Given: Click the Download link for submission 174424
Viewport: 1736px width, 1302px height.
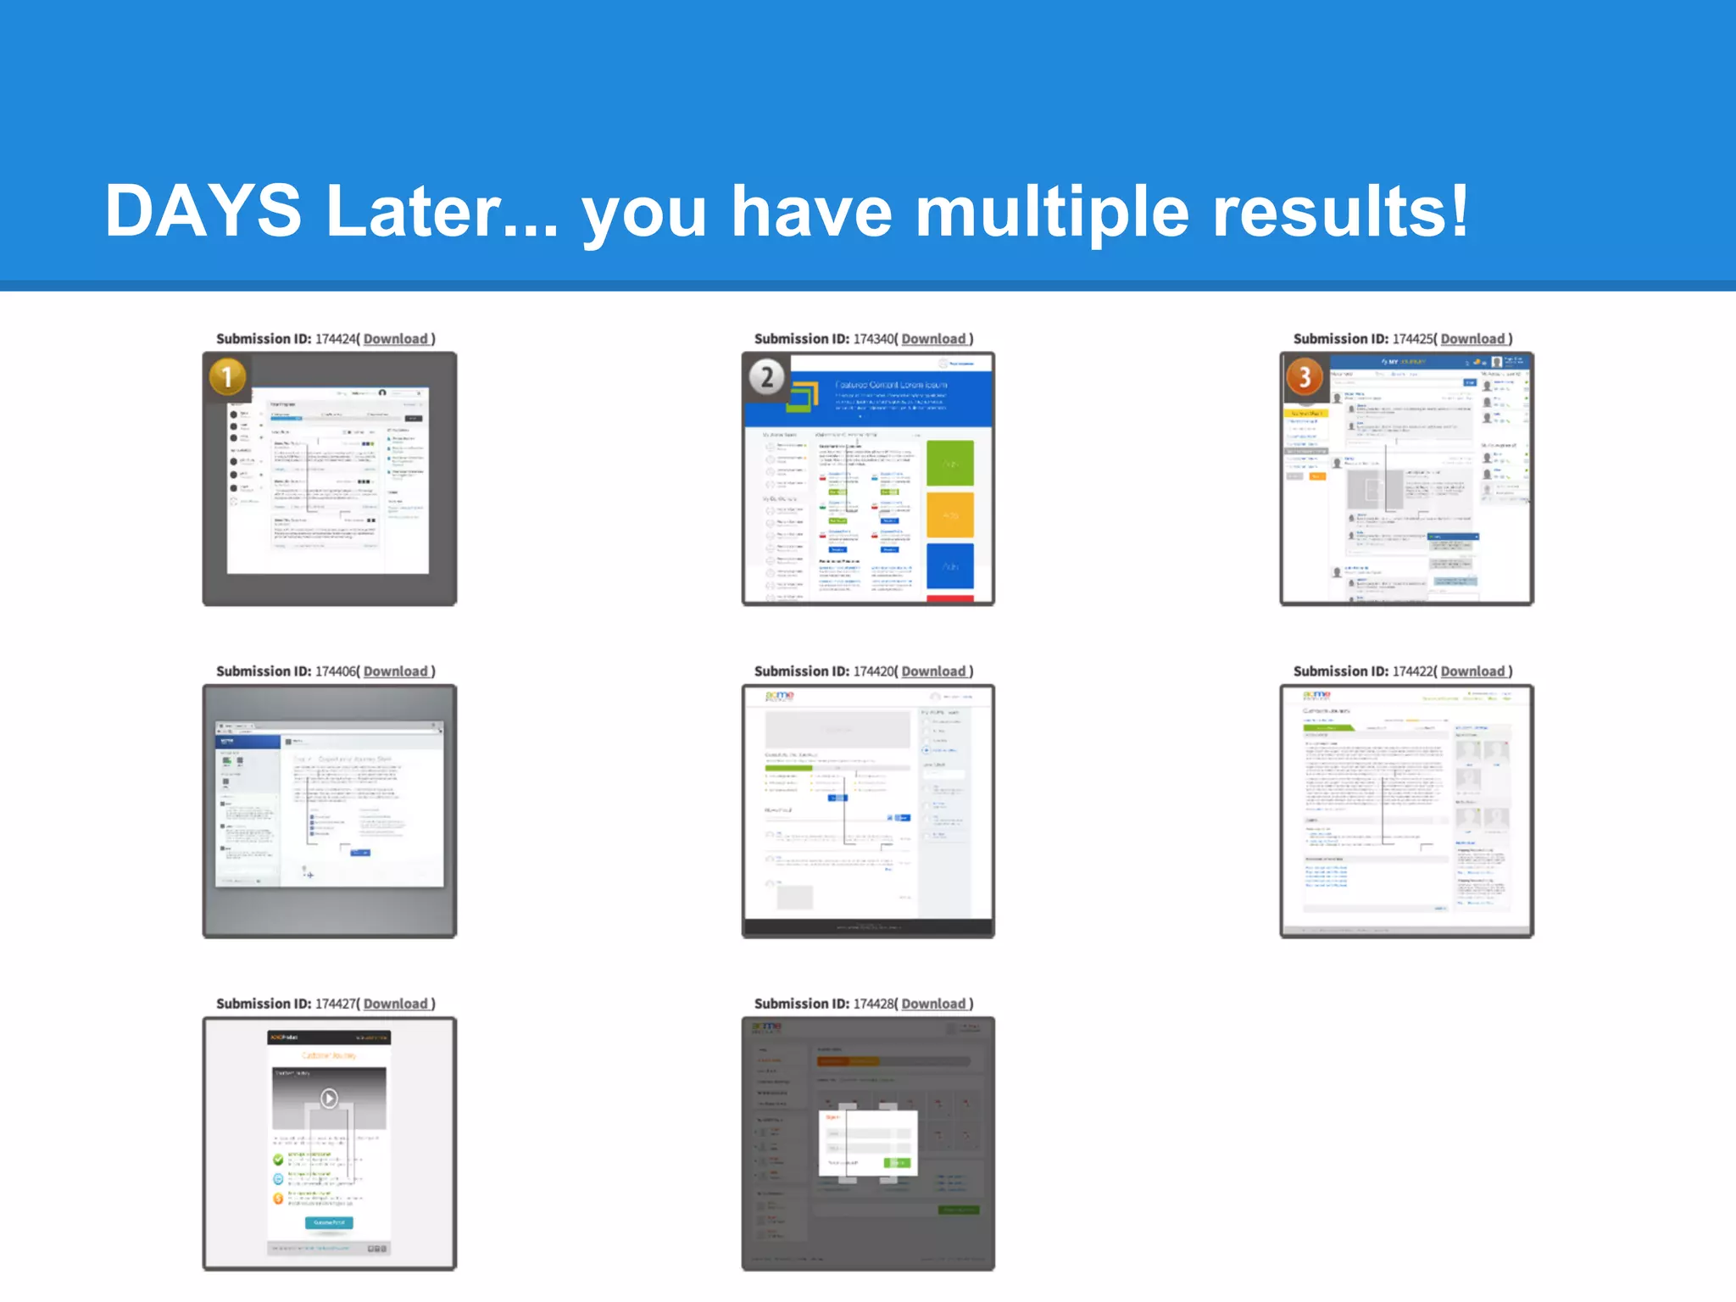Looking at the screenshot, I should click(396, 339).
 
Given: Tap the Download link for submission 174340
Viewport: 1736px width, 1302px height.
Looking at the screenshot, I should click(933, 339).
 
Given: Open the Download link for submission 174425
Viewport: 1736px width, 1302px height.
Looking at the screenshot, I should click(1472, 339).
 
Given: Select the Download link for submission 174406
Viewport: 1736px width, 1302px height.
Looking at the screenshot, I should click(396, 671).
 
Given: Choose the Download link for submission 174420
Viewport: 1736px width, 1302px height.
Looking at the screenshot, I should click(933, 671).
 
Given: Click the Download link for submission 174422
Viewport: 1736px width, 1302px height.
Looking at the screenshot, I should click(1472, 671).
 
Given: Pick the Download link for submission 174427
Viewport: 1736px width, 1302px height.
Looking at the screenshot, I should click(396, 1004).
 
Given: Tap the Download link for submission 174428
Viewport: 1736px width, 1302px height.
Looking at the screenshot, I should click(933, 1004).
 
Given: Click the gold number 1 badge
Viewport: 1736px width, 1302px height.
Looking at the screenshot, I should click(227, 377).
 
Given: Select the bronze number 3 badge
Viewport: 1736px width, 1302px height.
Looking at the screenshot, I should click(1305, 377).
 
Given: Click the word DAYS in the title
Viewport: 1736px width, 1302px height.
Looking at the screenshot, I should click(203, 211).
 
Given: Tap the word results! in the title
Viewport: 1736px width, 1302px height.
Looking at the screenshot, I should click(1340, 211).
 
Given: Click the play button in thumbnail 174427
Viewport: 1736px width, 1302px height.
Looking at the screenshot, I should click(329, 1099).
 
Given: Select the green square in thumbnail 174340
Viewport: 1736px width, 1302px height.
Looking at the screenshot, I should click(949, 464).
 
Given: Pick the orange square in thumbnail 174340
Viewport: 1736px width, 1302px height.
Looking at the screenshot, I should click(949, 515).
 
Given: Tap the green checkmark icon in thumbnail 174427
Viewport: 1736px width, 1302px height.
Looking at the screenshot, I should click(278, 1160).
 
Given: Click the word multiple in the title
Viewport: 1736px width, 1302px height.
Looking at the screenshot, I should click(1052, 211).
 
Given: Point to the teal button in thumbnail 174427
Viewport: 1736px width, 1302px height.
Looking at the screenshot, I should click(329, 1223).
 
